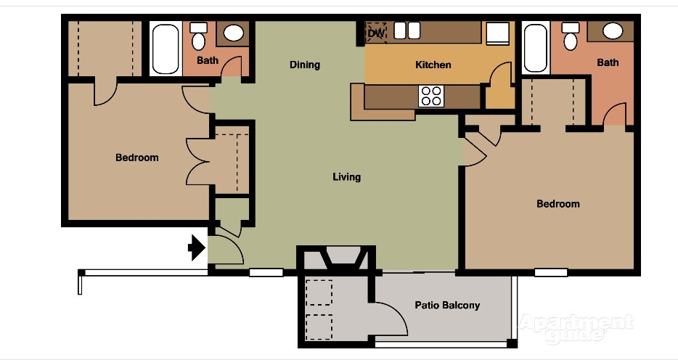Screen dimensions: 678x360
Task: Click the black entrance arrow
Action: (197, 247)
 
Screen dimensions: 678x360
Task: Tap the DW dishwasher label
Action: (376, 33)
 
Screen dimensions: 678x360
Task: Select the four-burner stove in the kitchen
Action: (431, 96)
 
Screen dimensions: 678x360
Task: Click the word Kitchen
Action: (433, 65)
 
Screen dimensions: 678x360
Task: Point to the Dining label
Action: (305, 65)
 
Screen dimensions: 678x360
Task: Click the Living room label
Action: (346, 177)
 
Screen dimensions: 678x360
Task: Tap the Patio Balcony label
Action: (447, 305)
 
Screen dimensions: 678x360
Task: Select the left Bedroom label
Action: (137, 157)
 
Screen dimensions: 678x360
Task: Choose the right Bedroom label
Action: (557, 203)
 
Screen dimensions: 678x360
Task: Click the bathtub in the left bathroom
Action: (166, 49)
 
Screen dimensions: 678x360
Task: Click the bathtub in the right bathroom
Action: (535, 48)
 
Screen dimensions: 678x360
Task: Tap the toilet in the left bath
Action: (198, 37)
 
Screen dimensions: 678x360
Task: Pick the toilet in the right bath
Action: (571, 36)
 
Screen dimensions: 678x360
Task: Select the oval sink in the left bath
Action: (234, 33)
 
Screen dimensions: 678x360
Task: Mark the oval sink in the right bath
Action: (613, 31)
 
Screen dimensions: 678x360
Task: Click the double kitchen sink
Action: (407, 30)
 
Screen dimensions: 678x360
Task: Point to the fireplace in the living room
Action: (342, 258)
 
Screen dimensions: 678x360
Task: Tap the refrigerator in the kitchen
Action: (498, 33)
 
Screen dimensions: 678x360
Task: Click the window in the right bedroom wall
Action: (551, 272)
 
